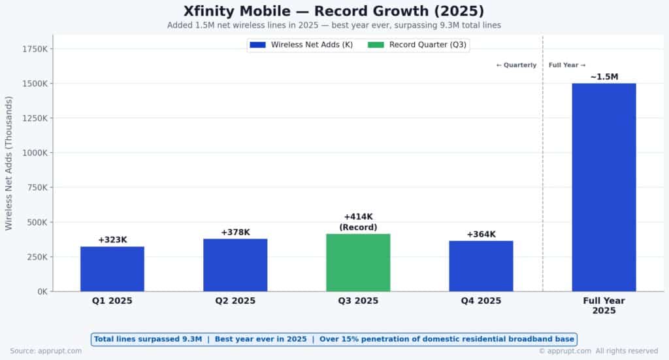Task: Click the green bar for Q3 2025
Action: coord(358,263)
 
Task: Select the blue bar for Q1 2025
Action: coord(112,269)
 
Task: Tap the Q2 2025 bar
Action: coord(235,265)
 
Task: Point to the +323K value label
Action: coord(112,240)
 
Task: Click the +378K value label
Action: coord(235,233)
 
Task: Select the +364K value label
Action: coord(481,235)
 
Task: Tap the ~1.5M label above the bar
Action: coord(604,77)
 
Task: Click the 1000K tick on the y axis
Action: coord(34,153)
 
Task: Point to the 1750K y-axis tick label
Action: coord(34,49)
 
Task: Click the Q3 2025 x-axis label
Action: coord(358,301)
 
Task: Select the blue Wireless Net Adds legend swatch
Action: coord(257,45)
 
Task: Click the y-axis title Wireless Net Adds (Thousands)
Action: coord(9,163)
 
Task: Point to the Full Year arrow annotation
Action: coord(566,65)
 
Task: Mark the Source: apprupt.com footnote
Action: coord(46,351)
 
